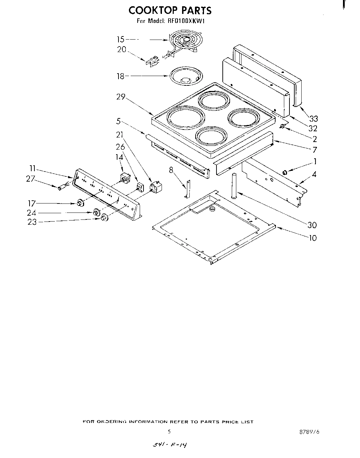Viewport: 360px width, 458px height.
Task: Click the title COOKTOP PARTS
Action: click(x=170, y=10)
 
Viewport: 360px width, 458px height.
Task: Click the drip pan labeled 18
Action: click(x=185, y=76)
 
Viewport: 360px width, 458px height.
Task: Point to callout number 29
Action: click(x=121, y=97)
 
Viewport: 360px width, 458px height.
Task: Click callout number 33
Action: click(x=313, y=119)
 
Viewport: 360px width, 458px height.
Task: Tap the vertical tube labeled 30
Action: click(x=234, y=186)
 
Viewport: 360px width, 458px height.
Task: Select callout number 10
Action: click(x=313, y=238)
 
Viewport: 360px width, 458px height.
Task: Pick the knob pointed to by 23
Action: click(x=104, y=218)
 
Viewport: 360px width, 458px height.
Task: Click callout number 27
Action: click(x=30, y=178)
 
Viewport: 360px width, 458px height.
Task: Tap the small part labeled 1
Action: click(x=285, y=172)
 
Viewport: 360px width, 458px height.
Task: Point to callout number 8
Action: click(x=171, y=170)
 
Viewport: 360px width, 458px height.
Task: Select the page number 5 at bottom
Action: click(x=169, y=432)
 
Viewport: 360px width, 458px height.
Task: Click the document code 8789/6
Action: click(x=309, y=432)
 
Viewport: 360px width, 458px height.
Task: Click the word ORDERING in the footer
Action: click(x=112, y=422)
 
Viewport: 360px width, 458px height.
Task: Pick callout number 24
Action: click(x=32, y=213)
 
